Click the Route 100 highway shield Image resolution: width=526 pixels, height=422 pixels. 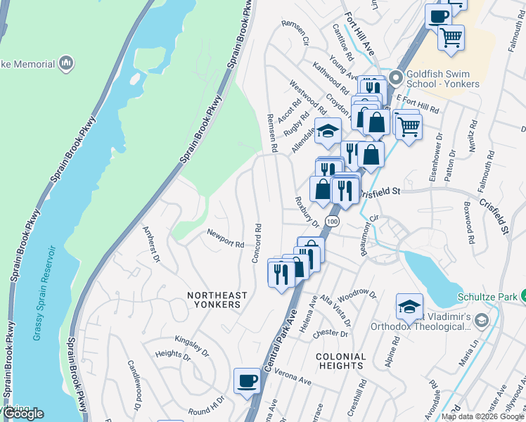pyautogui.click(x=333, y=221)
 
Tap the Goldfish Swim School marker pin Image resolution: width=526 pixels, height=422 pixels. pyautogui.click(x=394, y=77)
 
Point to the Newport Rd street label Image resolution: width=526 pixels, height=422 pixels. pyautogui.click(x=225, y=239)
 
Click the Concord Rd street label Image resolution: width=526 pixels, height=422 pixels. pyautogui.click(x=257, y=243)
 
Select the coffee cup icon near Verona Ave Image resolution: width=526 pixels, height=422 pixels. pyautogui.click(x=247, y=381)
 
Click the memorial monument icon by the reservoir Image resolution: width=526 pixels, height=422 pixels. pyautogui.click(x=67, y=64)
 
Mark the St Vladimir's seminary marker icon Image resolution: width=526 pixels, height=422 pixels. pyautogui.click(x=481, y=321)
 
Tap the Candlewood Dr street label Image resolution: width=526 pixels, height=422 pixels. pyautogui.click(x=134, y=385)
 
